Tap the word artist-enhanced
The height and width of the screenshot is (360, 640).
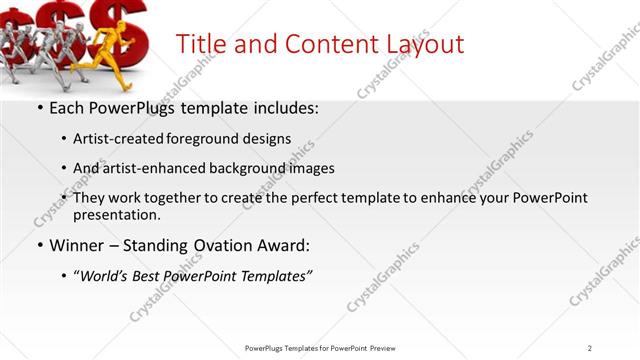pos(153,168)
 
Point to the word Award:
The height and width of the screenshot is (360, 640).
pos(283,245)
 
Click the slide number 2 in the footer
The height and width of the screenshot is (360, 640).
pos(590,348)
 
